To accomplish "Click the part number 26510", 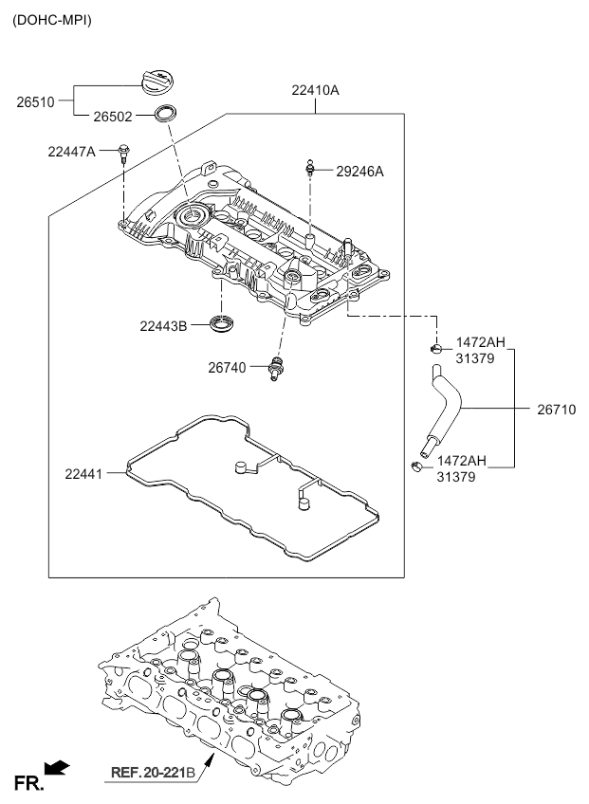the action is [x=35, y=102].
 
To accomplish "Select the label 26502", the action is [x=112, y=117].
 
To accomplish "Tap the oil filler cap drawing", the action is [x=159, y=82].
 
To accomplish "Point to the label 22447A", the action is [x=71, y=152].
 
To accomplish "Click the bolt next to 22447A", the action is [x=123, y=154].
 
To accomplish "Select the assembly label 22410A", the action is [x=315, y=90].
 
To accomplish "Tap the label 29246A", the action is [x=359, y=172].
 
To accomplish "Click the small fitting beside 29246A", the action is [x=309, y=167].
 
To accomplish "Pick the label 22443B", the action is [x=163, y=325].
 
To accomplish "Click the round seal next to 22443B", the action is [x=222, y=324].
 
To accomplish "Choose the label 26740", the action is [x=227, y=367].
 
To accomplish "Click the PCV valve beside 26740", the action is [x=275, y=368].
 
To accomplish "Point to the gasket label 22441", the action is [x=83, y=474].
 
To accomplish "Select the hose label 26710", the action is [x=557, y=410].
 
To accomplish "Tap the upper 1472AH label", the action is [x=480, y=342].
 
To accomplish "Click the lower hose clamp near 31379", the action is [x=416, y=466].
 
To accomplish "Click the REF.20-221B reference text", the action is [x=153, y=772].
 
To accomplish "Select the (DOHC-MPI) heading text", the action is [x=52, y=21].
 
